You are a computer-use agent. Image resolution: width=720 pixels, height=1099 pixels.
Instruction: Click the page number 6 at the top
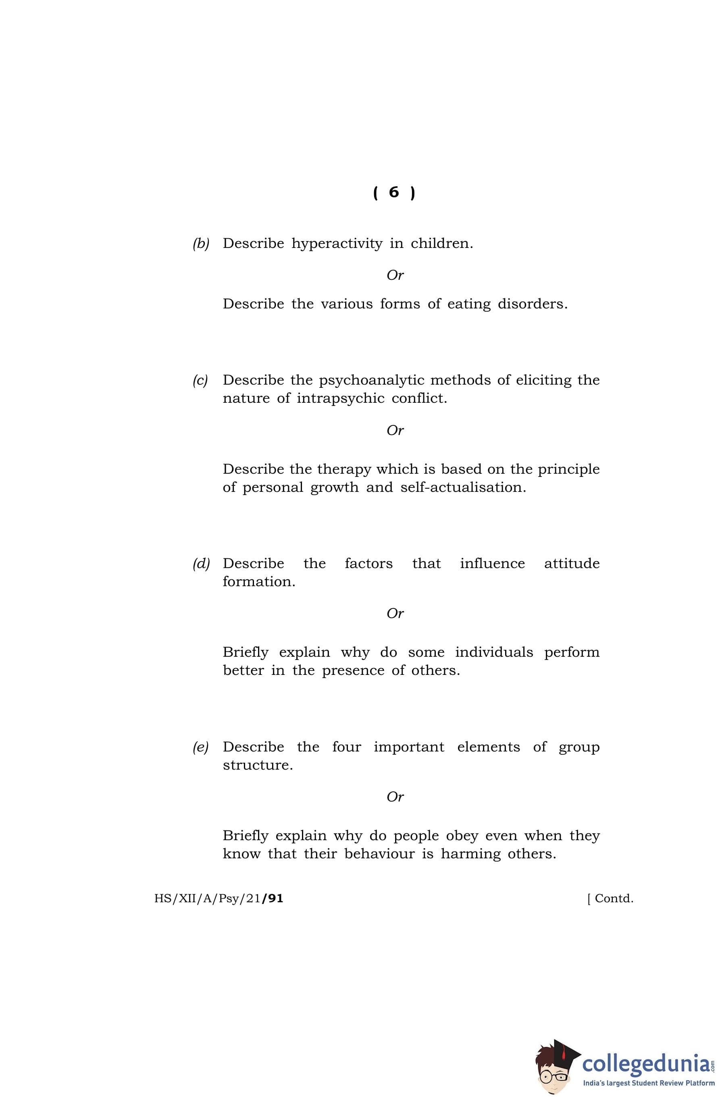[393, 191]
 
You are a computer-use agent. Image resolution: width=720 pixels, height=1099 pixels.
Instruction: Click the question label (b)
[201, 244]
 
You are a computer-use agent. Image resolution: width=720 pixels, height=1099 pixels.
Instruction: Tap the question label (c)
[200, 381]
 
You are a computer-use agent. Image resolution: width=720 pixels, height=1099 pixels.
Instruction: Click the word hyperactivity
[337, 244]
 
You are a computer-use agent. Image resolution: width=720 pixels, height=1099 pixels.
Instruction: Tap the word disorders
[532, 304]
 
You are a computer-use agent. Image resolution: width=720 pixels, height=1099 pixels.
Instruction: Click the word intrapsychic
[340, 398]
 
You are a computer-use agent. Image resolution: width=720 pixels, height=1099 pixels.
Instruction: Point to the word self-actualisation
[463, 487]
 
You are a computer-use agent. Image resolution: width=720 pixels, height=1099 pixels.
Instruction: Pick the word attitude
[572, 563]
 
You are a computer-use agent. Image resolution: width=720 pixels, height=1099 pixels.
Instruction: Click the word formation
[259, 581]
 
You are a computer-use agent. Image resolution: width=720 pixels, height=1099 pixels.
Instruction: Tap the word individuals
[494, 652]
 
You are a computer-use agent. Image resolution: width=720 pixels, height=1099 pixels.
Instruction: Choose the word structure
[258, 765]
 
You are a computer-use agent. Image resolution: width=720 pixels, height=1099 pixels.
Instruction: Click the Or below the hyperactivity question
[395, 275]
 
